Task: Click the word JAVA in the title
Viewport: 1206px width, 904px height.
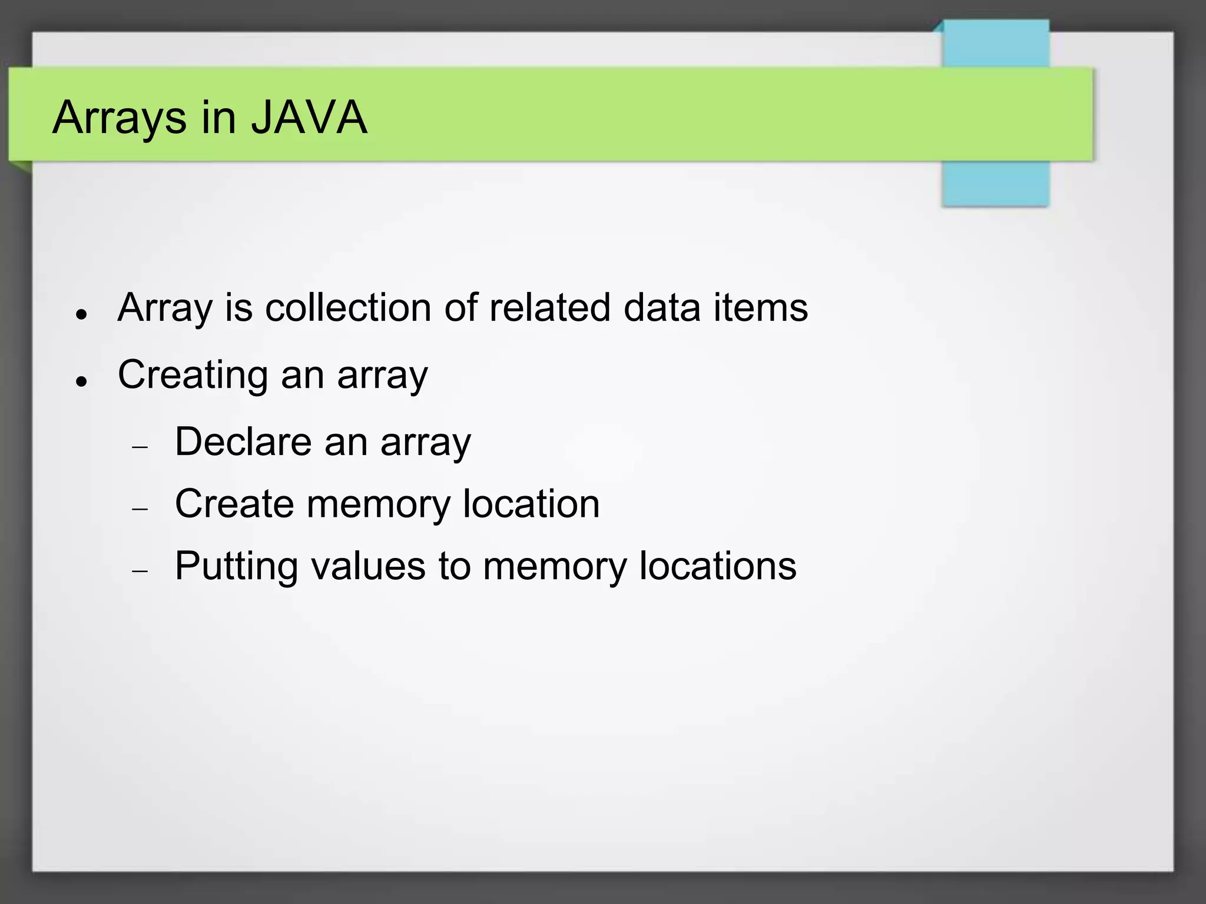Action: tap(309, 117)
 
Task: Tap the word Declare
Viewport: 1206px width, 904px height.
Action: tap(243, 441)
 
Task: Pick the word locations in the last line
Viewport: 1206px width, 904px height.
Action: tap(718, 566)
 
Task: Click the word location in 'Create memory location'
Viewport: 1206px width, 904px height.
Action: tap(531, 504)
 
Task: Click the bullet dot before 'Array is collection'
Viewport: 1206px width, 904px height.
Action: tap(82, 314)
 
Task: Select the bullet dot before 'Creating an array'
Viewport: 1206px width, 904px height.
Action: tap(82, 381)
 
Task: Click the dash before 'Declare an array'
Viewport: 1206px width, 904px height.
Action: tap(140, 447)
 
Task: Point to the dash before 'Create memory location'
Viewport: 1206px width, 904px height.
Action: tap(140, 508)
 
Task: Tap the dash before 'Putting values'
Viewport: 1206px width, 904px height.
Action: tap(140, 571)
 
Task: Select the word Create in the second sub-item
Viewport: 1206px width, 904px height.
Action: tap(234, 504)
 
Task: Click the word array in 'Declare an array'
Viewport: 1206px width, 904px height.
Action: tap(426, 443)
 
